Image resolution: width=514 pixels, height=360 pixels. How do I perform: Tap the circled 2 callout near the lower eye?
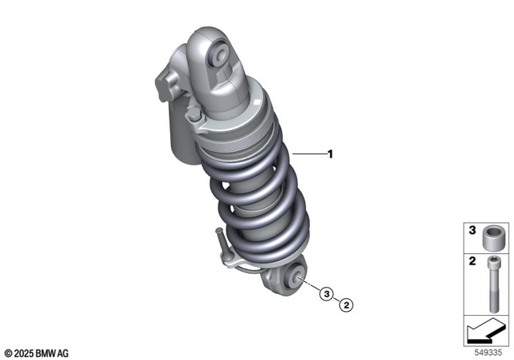tap(346, 304)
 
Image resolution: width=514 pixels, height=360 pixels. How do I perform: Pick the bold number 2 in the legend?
tap(472, 260)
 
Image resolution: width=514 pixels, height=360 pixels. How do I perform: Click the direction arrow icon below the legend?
tap(484, 328)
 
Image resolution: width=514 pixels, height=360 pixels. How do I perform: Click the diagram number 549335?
tap(487, 351)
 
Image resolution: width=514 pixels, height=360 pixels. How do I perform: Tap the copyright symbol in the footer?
tap(7, 352)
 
